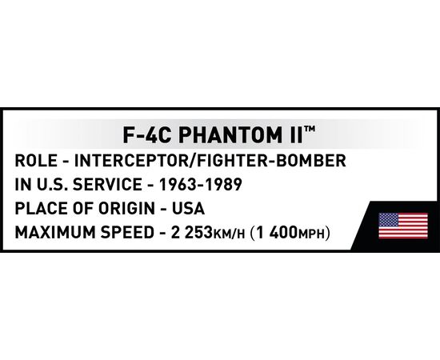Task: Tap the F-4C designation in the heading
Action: click(x=146, y=135)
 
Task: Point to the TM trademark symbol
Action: click(x=310, y=129)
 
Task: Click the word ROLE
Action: click(x=36, y=161)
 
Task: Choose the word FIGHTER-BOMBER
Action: click(x=271, y=161)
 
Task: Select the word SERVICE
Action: click(x=107, y=185)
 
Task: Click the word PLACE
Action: click(x=42, y=209)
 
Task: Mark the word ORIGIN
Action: click(x=126, y=209)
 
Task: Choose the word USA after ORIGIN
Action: click(x=188, y=209)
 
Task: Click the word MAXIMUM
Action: click(x=55, y=233)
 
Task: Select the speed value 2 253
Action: click(x=191, y=233)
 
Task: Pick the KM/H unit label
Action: click(x=229, y=234)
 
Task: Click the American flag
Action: click(x=403, y=226)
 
